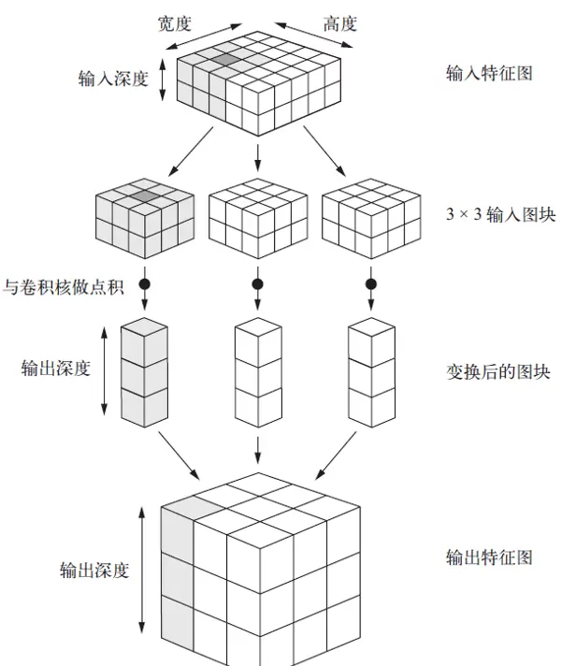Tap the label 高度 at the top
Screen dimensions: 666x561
coord(339,23)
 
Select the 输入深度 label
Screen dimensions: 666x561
coord(113,79)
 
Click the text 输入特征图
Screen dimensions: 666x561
coord(489,73)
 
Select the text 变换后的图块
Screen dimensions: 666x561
coord(497,371)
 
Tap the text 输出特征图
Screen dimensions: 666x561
coord(489,557)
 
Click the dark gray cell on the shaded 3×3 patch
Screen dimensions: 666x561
coord(145,195)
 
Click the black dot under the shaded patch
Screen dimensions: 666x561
coord(145,283)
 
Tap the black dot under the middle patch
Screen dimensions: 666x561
coord(257,283)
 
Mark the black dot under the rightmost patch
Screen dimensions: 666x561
coord(371,283)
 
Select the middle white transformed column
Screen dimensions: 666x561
coord(256,374)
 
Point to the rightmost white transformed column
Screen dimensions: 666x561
coord(370,374)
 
